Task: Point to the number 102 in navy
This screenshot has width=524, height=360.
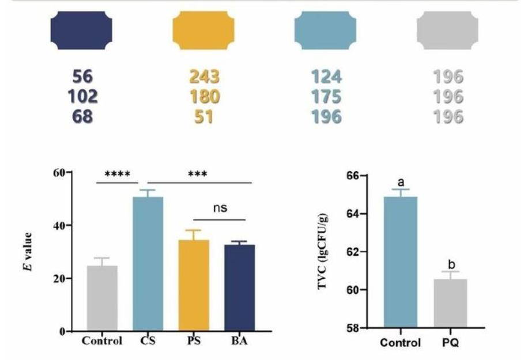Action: [x=81, y=97]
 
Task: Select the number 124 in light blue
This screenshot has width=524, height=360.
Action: [x=326, y=77]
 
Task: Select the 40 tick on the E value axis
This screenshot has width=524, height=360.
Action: [x=59, y=225]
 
